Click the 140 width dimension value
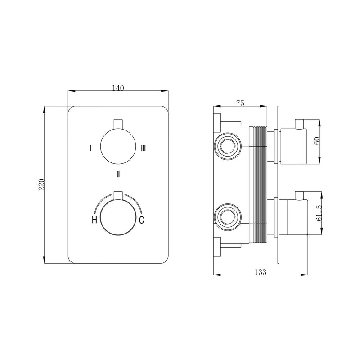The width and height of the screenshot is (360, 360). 117,88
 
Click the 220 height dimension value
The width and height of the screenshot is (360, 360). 41,184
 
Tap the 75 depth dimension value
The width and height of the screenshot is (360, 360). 240,103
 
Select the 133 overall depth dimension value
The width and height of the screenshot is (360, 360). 261,271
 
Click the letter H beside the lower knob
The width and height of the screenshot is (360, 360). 94,220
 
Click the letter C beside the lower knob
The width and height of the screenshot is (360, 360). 141,220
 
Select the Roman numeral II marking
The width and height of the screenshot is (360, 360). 117,173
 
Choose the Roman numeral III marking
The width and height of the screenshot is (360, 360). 143,148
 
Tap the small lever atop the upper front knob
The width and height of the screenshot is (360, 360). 117,123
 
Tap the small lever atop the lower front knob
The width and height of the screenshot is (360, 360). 117,195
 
